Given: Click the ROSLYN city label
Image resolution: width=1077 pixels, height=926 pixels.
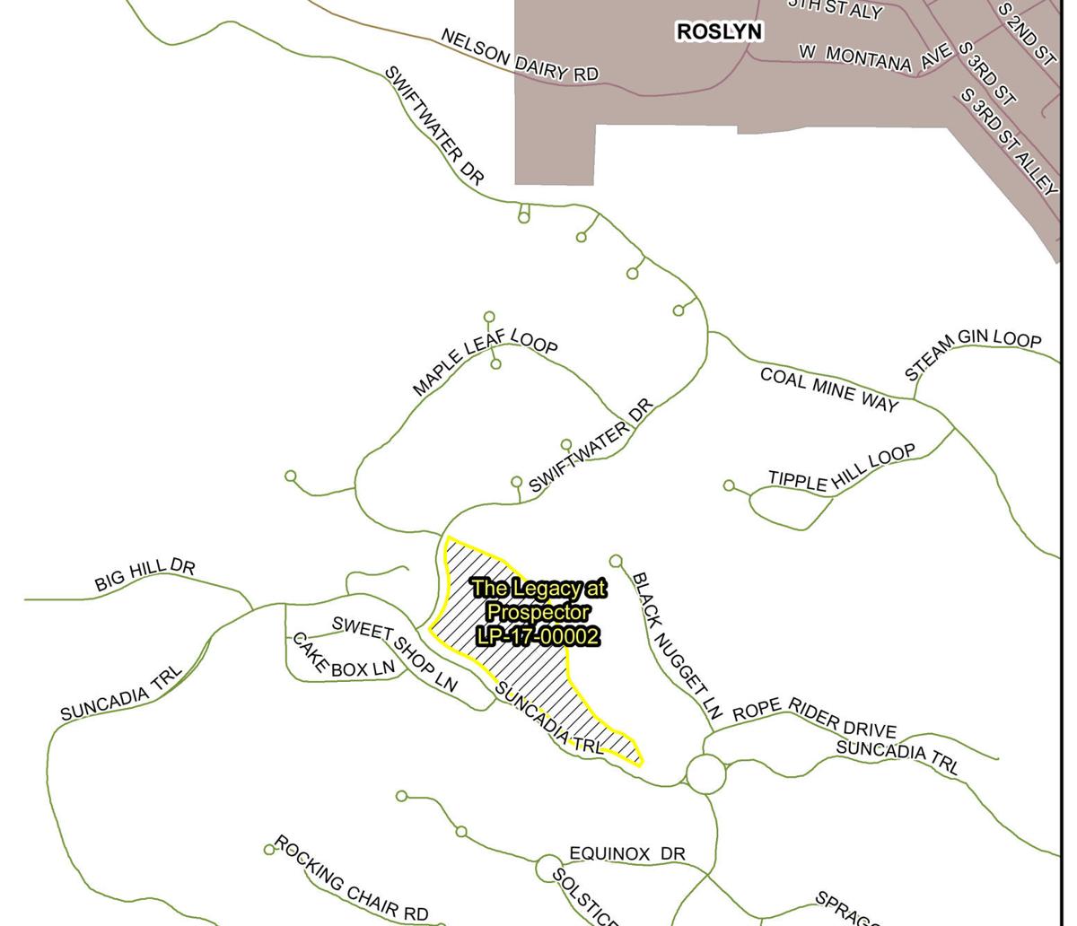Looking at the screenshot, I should click(x=719, y=32).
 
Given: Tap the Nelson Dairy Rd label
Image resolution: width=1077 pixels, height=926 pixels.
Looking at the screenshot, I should click(x=519, y=56).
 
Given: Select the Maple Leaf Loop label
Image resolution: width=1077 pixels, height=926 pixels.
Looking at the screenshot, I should click(x=485, y=361).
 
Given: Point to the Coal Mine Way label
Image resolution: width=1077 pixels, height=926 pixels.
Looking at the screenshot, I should click(x=828, y=389).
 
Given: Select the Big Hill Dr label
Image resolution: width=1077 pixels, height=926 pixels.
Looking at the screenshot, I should click(x=144, y=575).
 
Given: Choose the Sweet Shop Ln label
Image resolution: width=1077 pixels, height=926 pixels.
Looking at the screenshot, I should click(x=395, y=653).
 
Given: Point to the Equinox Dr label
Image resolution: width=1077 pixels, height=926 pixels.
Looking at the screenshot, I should click(x=627, y=853).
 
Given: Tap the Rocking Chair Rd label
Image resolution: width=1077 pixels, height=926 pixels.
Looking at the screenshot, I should click(x=351, y=879).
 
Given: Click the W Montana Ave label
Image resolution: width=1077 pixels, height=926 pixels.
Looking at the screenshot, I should click(x=874, y=57).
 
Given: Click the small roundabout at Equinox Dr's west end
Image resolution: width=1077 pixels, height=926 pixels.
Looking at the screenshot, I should click(x=547, y=869).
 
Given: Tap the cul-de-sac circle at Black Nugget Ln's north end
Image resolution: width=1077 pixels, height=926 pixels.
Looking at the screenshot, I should click(x=616, y=561).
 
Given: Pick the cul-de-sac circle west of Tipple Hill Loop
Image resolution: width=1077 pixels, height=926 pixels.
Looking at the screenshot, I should click(x=729, y=485).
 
